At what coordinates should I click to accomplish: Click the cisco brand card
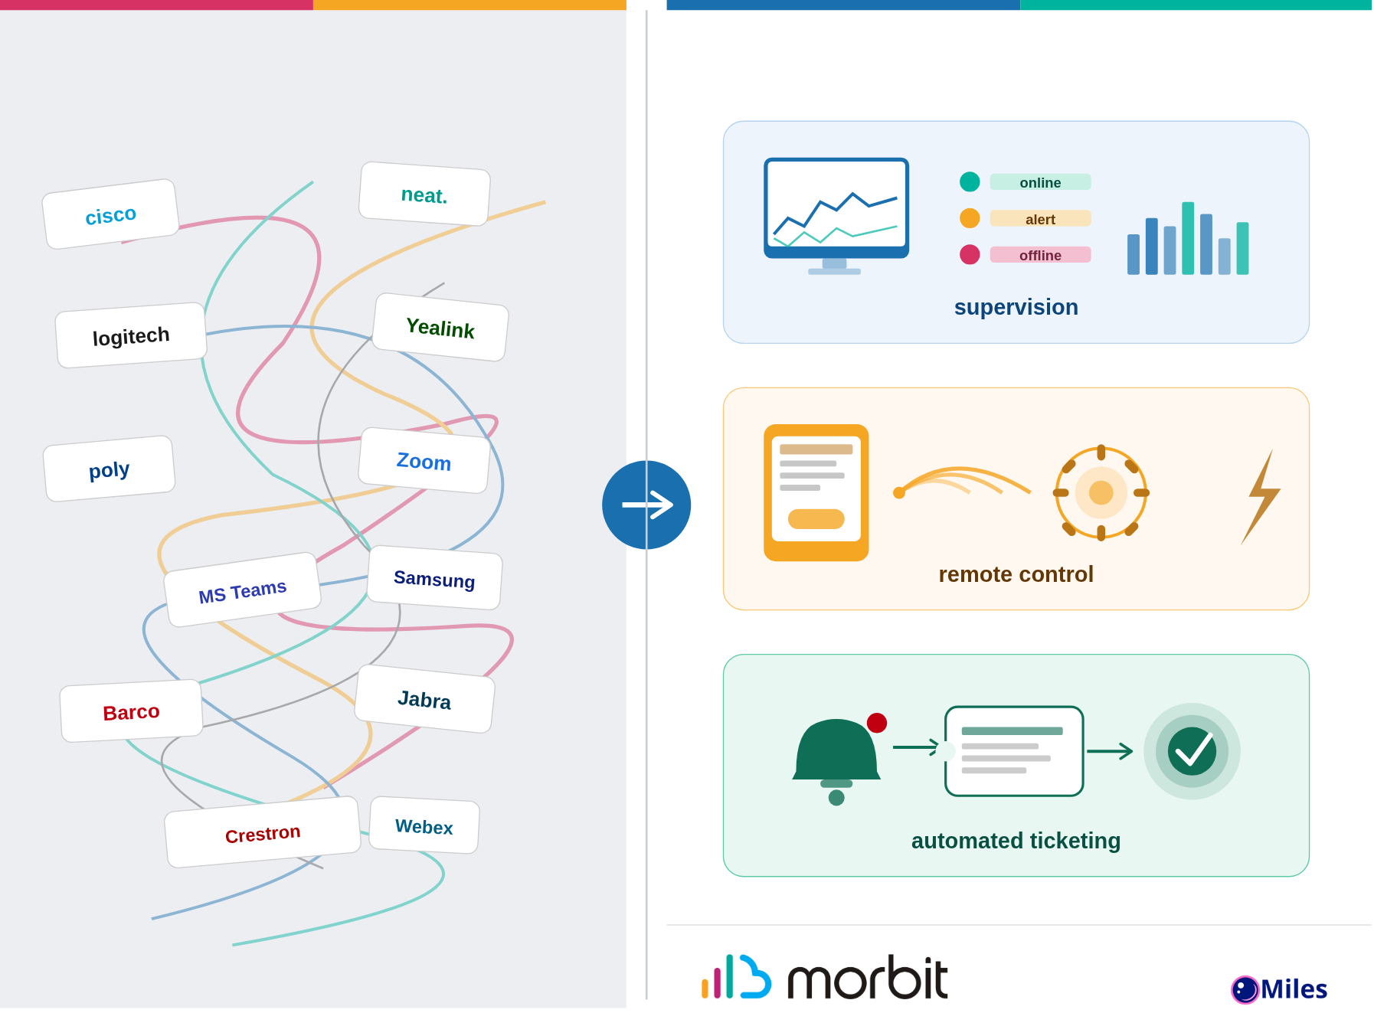(111, 214)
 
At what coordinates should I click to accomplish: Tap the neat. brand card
(424, 194)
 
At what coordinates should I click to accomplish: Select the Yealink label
(440, 328)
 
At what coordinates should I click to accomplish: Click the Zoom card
(424, 461)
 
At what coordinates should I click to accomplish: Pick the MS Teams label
(242, 590)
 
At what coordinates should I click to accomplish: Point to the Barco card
(131, 711)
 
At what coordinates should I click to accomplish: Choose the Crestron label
(262, 833)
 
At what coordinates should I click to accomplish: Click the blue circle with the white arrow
(646, 505)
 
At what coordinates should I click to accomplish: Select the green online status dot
(970, 181)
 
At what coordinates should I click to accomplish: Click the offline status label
(1040, 255)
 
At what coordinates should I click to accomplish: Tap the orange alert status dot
(970, 218)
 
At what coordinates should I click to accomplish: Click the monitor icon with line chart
(836, 214)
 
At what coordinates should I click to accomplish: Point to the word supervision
(1016, 307)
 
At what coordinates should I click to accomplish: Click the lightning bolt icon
(1261, 497)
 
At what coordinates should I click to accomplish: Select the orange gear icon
(1101, 492)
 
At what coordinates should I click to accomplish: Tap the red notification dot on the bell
(877, 723)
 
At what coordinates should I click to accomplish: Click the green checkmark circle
(1192, 751)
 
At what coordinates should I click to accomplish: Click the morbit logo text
(867, 979)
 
